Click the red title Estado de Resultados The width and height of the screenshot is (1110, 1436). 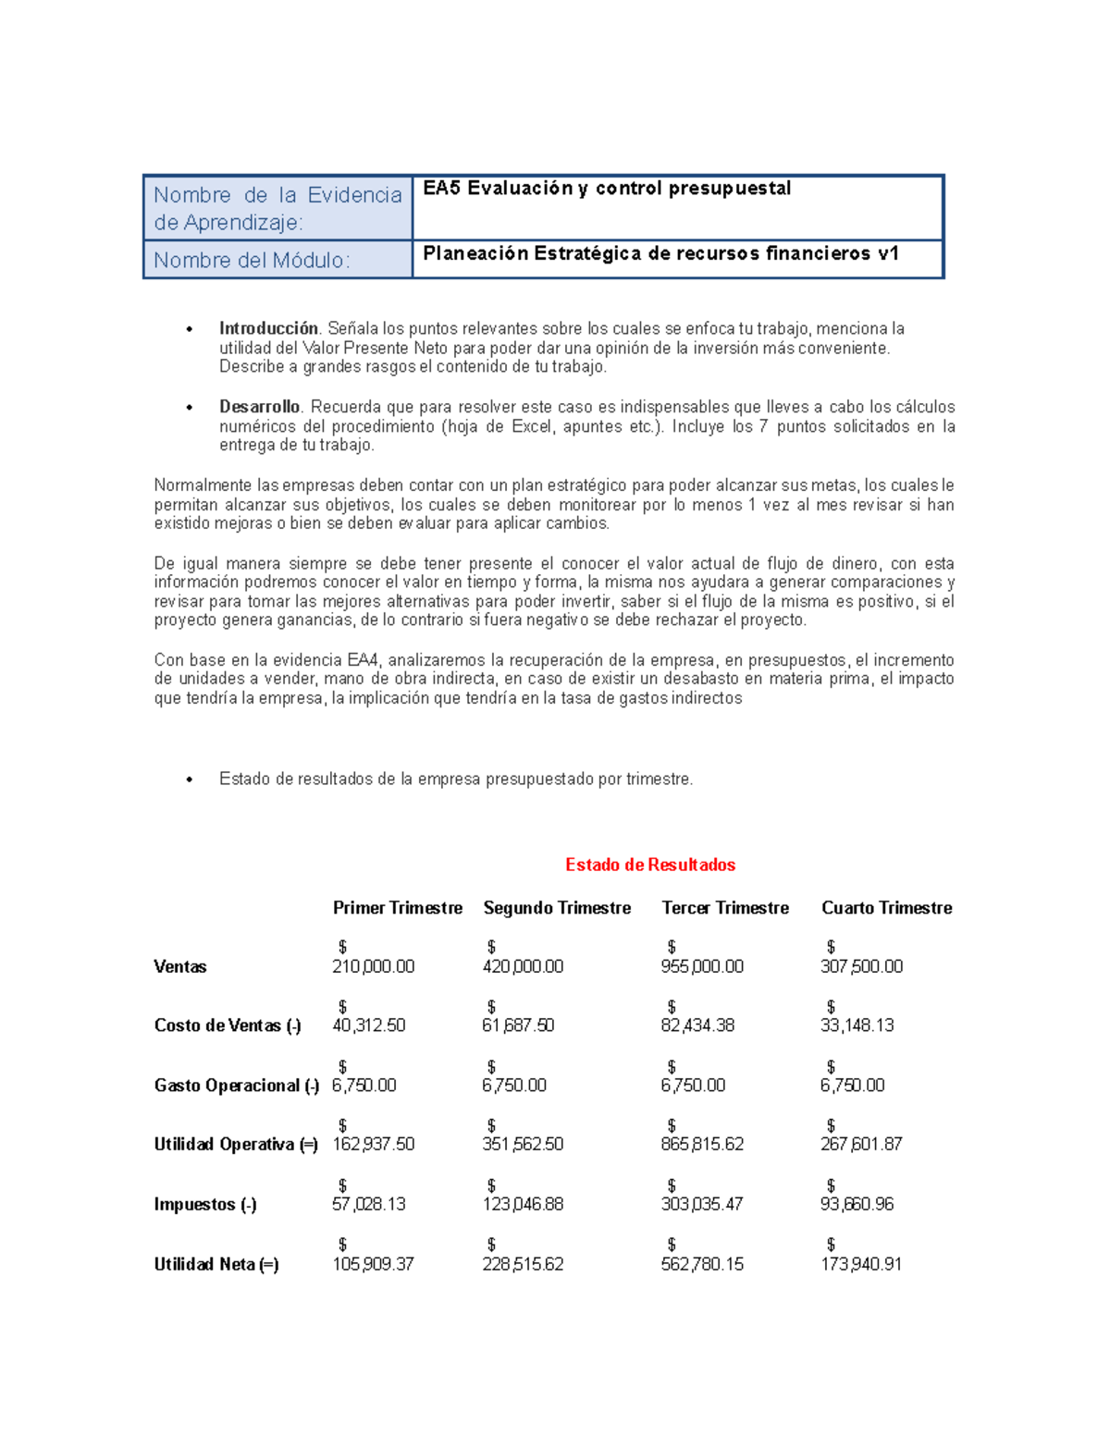(x=650, y=865)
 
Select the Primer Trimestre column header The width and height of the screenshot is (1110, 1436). (x=398, y=908)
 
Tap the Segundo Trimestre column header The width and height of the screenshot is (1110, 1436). (x=557, y=908)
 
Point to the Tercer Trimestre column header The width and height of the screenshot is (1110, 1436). (x=725, y=908)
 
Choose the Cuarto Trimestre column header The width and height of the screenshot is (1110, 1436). (x=886, y=908)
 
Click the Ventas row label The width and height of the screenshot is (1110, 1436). (x=180, y=967)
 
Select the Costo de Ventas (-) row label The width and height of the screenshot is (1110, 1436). (x=228, y=1025)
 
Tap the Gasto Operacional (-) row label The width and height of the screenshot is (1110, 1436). (x=237, y=1086)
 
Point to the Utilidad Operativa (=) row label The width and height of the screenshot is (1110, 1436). (x=236, y=1145)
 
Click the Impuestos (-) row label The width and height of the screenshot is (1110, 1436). (x=205, y=1205)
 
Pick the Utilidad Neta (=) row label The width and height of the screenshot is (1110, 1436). (x=216, y=1264)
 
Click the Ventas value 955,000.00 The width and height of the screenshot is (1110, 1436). (x=702, y=966)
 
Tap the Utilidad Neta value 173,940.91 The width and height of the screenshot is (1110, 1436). (x=861, y=1264)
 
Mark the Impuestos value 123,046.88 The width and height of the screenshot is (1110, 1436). (x=523, y=1204)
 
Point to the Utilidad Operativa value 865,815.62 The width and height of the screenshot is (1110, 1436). (x=702, y=1144)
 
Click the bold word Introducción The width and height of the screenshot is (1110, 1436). (x=268, y=328)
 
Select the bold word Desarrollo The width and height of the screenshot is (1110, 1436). (x=259, y=407)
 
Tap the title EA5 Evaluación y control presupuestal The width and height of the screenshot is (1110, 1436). (x=607, y=189)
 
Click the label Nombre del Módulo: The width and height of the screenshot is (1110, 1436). (x=252, y=261)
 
